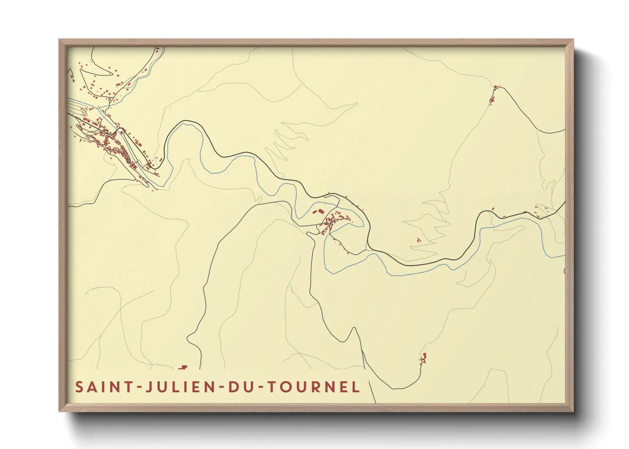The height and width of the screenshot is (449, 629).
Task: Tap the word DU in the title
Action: coord(241,387)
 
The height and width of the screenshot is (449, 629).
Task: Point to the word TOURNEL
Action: coord(313,387)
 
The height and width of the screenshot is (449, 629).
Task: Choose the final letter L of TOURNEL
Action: coord(356,387)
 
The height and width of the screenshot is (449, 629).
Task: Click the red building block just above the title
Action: coord(183,367)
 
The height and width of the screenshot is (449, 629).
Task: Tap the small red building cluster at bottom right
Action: coord(423,359)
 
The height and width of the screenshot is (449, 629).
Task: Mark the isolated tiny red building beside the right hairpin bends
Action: coord(419,240)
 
